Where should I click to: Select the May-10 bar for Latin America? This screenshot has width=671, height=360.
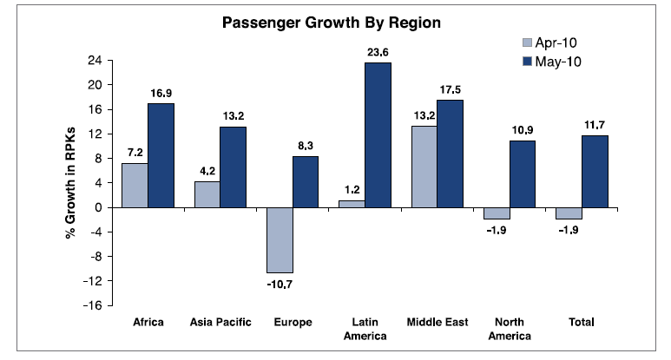coord(378,134)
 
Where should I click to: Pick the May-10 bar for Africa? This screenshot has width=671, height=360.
coord(161,155)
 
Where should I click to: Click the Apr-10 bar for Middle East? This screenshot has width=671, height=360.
coord(424,167)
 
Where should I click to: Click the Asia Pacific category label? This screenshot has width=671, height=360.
coord(220,323)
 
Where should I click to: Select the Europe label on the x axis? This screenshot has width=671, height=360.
coord(293,323)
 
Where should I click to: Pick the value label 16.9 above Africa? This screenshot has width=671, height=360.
coord(161,93)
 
